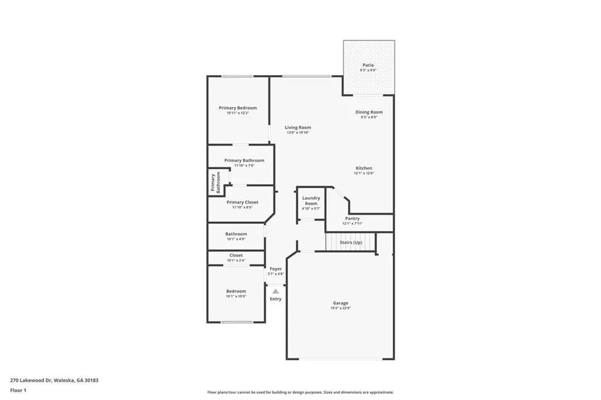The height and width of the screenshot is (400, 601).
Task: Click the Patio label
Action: [x=368, y=65]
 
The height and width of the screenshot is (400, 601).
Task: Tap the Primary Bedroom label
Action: [x=238, y=108]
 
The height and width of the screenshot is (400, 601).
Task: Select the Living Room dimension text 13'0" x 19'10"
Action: [x=298, y=133]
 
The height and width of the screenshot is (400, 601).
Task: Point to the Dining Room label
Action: [x=369, y=112]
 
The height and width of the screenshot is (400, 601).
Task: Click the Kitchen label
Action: [x=364, y=168]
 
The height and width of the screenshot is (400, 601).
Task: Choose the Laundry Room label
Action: [x=311, y=201]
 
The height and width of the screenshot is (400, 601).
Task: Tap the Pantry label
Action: [x=352, y=219]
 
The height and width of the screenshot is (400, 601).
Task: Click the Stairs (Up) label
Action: [x=350, y=242]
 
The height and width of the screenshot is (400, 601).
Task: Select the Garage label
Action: [x=340, y=303]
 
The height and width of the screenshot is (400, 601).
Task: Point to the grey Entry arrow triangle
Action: [x=275, y=291]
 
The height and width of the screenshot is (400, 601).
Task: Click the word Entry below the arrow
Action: [x=275, y=299]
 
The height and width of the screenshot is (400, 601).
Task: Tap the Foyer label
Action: [x=275, y=269]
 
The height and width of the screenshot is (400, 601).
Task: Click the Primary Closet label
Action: [x=242, y=202]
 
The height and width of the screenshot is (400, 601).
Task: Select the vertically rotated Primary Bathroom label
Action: [x=215, y=182]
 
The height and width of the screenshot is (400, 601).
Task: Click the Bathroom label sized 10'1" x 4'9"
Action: [x=236, y=234]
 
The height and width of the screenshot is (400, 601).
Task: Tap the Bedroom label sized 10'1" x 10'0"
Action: [x=236, y=291]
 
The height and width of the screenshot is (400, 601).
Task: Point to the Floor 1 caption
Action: [x=19, y=390]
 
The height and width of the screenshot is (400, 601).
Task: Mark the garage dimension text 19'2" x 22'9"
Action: [x=340, y=308]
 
